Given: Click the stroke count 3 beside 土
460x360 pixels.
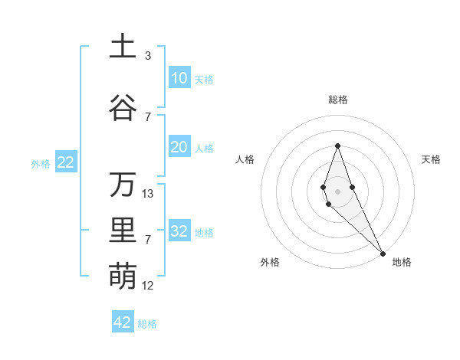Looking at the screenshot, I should [148, 56].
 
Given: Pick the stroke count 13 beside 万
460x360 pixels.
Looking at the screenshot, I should [148, 194].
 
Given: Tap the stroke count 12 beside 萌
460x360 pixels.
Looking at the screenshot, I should [148, 286].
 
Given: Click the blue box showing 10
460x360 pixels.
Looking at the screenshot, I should [179, 78].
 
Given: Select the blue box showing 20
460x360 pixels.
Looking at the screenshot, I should [179, 147].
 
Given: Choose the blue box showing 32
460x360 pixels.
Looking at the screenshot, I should [179, 231].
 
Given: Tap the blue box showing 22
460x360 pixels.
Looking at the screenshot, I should [65, 162].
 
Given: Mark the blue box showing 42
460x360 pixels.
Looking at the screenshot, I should [123, 322].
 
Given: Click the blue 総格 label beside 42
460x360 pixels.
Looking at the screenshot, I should [147, 324].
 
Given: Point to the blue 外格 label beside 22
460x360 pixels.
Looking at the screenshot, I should [40, 163].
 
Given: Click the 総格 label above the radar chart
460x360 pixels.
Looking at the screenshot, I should [337, 100].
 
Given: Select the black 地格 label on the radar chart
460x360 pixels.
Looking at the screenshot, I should [402, 262].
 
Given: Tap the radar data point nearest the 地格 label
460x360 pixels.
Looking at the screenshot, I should [383, 252].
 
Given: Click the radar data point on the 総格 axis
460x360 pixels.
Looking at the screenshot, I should [337, 146].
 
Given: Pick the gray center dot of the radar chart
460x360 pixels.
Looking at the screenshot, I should [337, 191].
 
